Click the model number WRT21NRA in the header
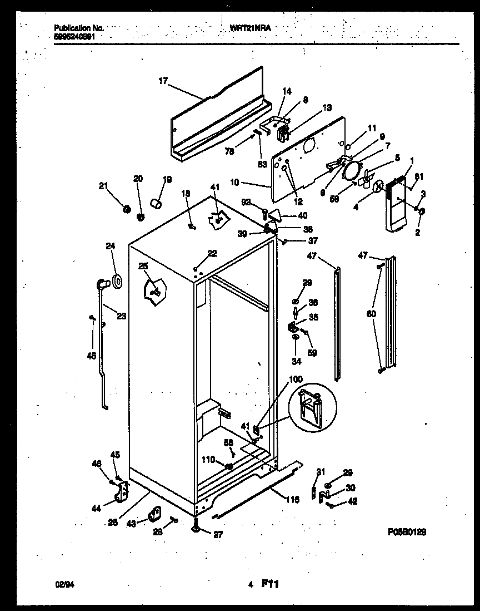251,27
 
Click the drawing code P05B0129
407,531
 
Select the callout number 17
163,81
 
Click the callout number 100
296,379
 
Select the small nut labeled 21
126,209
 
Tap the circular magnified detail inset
312,407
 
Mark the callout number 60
371,314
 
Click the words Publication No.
78,27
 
